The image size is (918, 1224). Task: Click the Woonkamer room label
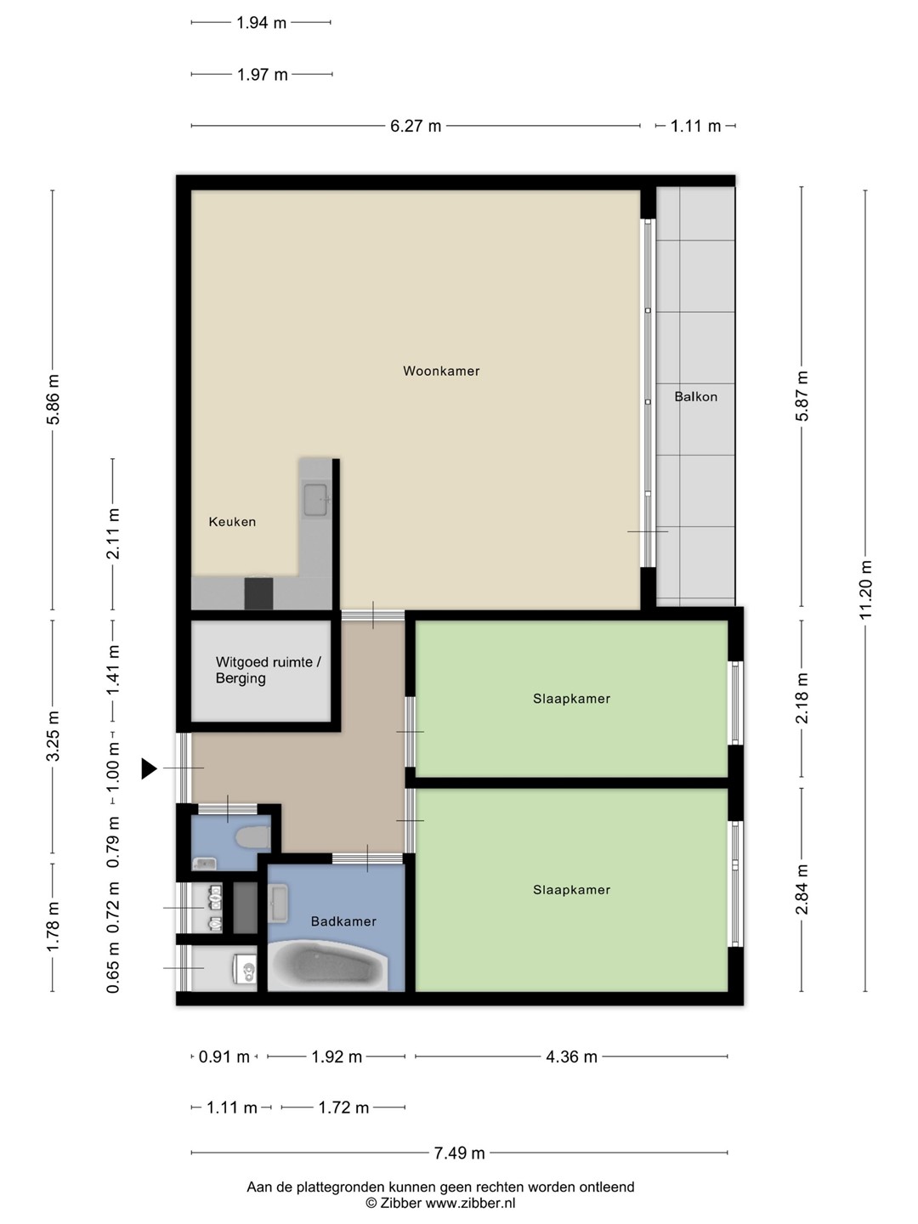click(441, 371)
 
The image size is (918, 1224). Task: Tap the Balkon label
click(695, 396)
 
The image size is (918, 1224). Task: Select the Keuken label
click(232, 522)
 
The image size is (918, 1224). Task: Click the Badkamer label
click(343, 921)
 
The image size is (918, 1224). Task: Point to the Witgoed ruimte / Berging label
click(268, 671)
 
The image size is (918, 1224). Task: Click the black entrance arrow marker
click(149, 768)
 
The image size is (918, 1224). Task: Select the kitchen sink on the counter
click(315, 500)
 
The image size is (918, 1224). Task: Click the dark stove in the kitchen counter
click(258, 593)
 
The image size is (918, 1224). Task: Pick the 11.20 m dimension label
click(865, 590)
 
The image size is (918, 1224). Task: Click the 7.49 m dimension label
click(459, 1153)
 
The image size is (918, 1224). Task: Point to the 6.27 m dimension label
click(416, 126)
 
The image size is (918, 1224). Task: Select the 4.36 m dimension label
click(571, 1057)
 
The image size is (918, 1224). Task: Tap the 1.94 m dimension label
click(261, 23)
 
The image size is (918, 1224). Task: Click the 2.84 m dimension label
click(802, 889)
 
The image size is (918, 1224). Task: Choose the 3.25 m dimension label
click(53, 736)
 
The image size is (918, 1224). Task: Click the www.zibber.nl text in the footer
click(470, 1203)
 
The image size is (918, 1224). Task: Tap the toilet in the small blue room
click(252, 837)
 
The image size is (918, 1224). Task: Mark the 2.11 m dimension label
click(113, 533)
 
